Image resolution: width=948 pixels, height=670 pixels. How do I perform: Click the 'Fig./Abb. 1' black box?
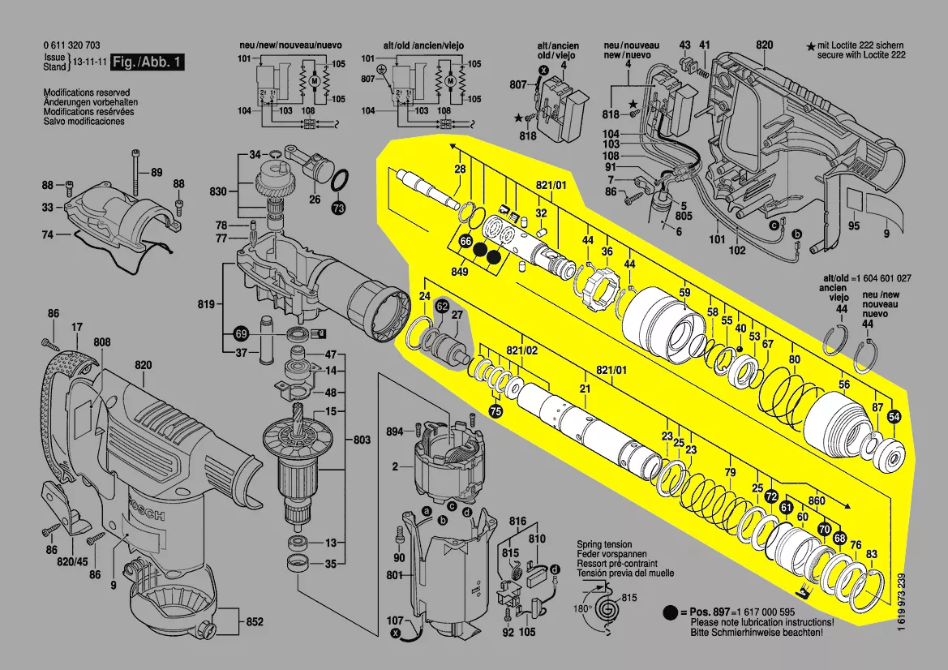[x=147, y=62]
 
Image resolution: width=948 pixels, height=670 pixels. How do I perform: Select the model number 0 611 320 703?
[x=72, y=45]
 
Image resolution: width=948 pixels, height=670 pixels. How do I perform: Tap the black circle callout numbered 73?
[x=338, y=208]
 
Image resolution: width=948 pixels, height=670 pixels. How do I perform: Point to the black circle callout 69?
[x=241, y=333]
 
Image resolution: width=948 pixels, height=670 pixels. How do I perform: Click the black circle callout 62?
[x=442, y=307]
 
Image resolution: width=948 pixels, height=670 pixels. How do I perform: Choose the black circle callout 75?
[x=495, y=412]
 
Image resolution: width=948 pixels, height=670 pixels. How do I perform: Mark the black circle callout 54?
[x=894, y=417]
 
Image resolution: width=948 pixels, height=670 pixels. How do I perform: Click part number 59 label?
[x=684, y=292]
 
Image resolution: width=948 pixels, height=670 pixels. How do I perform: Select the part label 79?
[x=730, y=473]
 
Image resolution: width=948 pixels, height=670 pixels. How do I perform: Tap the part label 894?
[x=394, y=432]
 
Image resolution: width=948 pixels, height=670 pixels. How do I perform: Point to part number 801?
[x=394, y=576]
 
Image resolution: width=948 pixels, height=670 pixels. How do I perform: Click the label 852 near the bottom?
[x=255, y=622]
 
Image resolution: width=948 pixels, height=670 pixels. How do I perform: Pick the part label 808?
[x=101, y=343]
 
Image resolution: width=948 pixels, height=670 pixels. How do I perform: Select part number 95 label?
[x=854, y=225]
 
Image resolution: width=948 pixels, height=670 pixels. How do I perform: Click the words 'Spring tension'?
[x=604, y=544]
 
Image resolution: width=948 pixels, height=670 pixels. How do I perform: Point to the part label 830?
[x=217, y=191]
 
